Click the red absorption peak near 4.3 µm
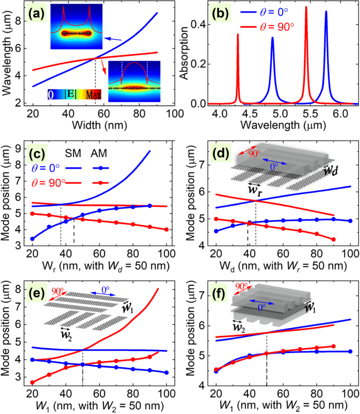pyautogui.click(x=238, y=35)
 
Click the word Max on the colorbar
pyautogui.click(x=94, y=95)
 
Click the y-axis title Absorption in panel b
pyautogui.click(x=184, y=55)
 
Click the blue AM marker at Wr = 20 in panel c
pyautogui.click(x=33, y=239)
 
